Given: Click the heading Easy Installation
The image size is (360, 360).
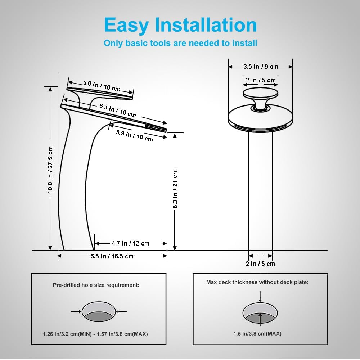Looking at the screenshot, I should point(180,25).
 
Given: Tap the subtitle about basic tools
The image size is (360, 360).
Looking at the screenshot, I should point(180,44).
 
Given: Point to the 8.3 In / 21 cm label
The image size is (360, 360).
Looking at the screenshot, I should point(175,189).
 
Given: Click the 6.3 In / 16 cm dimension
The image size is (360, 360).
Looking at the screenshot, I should point(118,110).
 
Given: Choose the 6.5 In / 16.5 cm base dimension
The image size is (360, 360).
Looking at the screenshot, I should point(112,256).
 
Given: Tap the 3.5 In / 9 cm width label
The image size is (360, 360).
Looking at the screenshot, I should point(261,67).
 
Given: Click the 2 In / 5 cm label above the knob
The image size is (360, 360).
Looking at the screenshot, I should point(261,80).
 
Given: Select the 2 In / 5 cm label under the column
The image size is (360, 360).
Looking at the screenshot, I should point(260,264).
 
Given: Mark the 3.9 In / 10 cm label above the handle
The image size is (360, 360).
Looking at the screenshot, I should point(102,86).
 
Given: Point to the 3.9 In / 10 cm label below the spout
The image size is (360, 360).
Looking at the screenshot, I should point(134,135).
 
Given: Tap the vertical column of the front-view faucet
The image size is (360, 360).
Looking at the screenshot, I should point(260,191).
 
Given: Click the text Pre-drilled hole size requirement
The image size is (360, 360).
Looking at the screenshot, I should point(96,285).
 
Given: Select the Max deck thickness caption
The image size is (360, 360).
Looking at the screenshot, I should point(257,282).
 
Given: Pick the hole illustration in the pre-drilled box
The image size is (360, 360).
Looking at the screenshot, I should point(99,312).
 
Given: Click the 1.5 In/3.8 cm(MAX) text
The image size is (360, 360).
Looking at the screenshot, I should point(257,334).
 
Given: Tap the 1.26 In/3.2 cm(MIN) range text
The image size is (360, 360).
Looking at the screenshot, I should point(95,334).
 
